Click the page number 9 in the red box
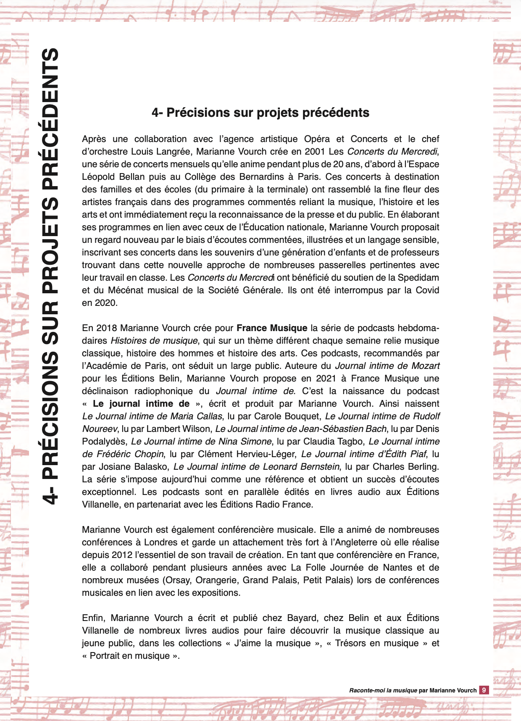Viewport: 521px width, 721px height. click(484, 690)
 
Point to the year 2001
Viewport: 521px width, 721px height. click(315, 152)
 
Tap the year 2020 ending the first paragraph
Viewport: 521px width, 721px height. click(105, 303)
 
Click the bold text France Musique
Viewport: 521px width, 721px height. click(272, 328)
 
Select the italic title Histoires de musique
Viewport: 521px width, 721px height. click(154, 341)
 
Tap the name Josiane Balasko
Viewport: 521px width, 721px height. click(133, 467)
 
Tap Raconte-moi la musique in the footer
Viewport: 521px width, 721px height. click(383, 690)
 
